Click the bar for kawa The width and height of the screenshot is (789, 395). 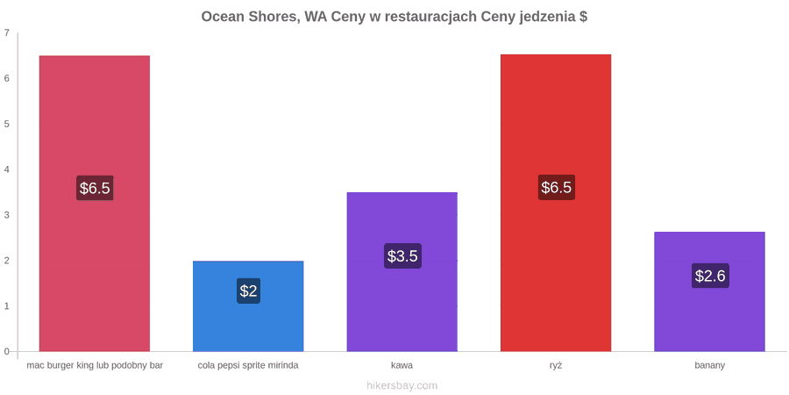pos(402,271)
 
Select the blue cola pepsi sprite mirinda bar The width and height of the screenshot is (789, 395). pos(248,305)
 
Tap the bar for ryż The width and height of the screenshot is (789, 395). pos(556,203)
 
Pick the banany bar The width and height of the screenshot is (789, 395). pos(709,291)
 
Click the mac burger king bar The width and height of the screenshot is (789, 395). pos(95,203)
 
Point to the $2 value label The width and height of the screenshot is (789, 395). pos(248,291)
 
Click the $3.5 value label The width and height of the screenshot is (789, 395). pos(402,256)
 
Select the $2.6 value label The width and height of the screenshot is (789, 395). pos(710,276)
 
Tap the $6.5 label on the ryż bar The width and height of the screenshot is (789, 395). pos(556,188)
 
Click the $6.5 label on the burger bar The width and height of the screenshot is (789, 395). pos(95,188)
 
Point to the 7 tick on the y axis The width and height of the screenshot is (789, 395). pos(6,32)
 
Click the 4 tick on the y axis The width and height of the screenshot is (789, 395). pos(6,169)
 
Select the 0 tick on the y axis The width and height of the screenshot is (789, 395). pos(6,351)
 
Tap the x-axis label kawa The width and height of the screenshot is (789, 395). pos(402,365)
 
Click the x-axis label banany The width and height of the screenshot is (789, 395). pos(709,365)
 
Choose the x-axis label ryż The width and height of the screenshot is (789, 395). pos(556,366)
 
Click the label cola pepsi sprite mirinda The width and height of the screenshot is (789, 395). pos(248,365)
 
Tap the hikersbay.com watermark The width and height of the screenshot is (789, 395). pos(394,385)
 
